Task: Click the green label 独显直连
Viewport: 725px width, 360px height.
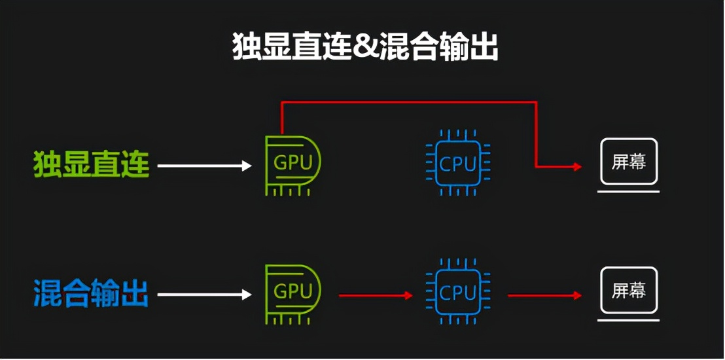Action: [x=92, y=165]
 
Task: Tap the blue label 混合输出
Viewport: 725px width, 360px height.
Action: [x=92, y=294]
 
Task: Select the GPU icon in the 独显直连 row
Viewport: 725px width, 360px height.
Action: [x=292, y=165]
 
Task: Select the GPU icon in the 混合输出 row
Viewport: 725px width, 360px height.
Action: [x=292, y=294]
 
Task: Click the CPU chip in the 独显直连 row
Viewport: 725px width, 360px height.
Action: [x=458, y=164]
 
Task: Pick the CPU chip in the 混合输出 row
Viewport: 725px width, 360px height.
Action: [x=458, y=293]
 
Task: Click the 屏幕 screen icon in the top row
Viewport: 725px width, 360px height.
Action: [x=628, y=162]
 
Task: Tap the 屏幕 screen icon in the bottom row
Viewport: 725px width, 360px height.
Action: [x=628, y=291]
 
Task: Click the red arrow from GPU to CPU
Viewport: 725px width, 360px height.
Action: [x=376, y=296]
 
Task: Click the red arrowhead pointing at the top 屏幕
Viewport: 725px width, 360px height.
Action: [x=578, y=167]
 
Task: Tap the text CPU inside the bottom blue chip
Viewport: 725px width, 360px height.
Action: [x=458, y=293]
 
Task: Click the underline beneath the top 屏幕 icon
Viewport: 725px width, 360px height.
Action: [x=628, y=191]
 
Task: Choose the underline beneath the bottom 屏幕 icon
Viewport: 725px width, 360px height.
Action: [x=628, y=320]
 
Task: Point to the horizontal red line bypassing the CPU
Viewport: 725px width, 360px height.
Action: [x=409, y=102]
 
